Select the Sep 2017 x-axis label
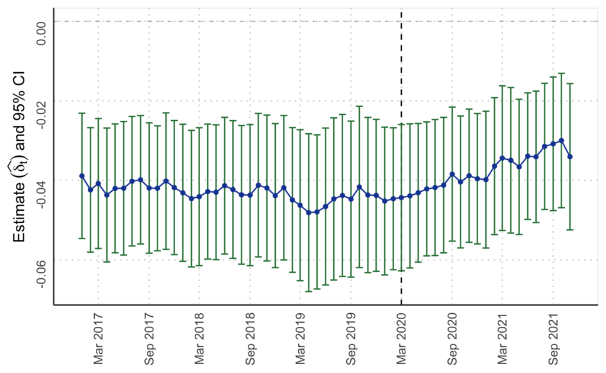click(x=149, y=338)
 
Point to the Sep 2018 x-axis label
click(x=250, y=338)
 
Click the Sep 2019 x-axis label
click(x=351, y=338)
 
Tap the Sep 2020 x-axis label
click(x=452, y=338)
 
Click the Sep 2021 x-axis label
click(x=553, y=338)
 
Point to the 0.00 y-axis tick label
click(x=41, y=33)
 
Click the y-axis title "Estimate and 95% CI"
click(x=20, y=156)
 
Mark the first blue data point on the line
click(x=82, y=176)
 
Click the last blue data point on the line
click(x=570, y=156)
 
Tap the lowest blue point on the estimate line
click(x=309, y=213)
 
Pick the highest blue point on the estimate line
click(x=561, y=141)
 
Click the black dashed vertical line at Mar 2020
click(x=401, y=158)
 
